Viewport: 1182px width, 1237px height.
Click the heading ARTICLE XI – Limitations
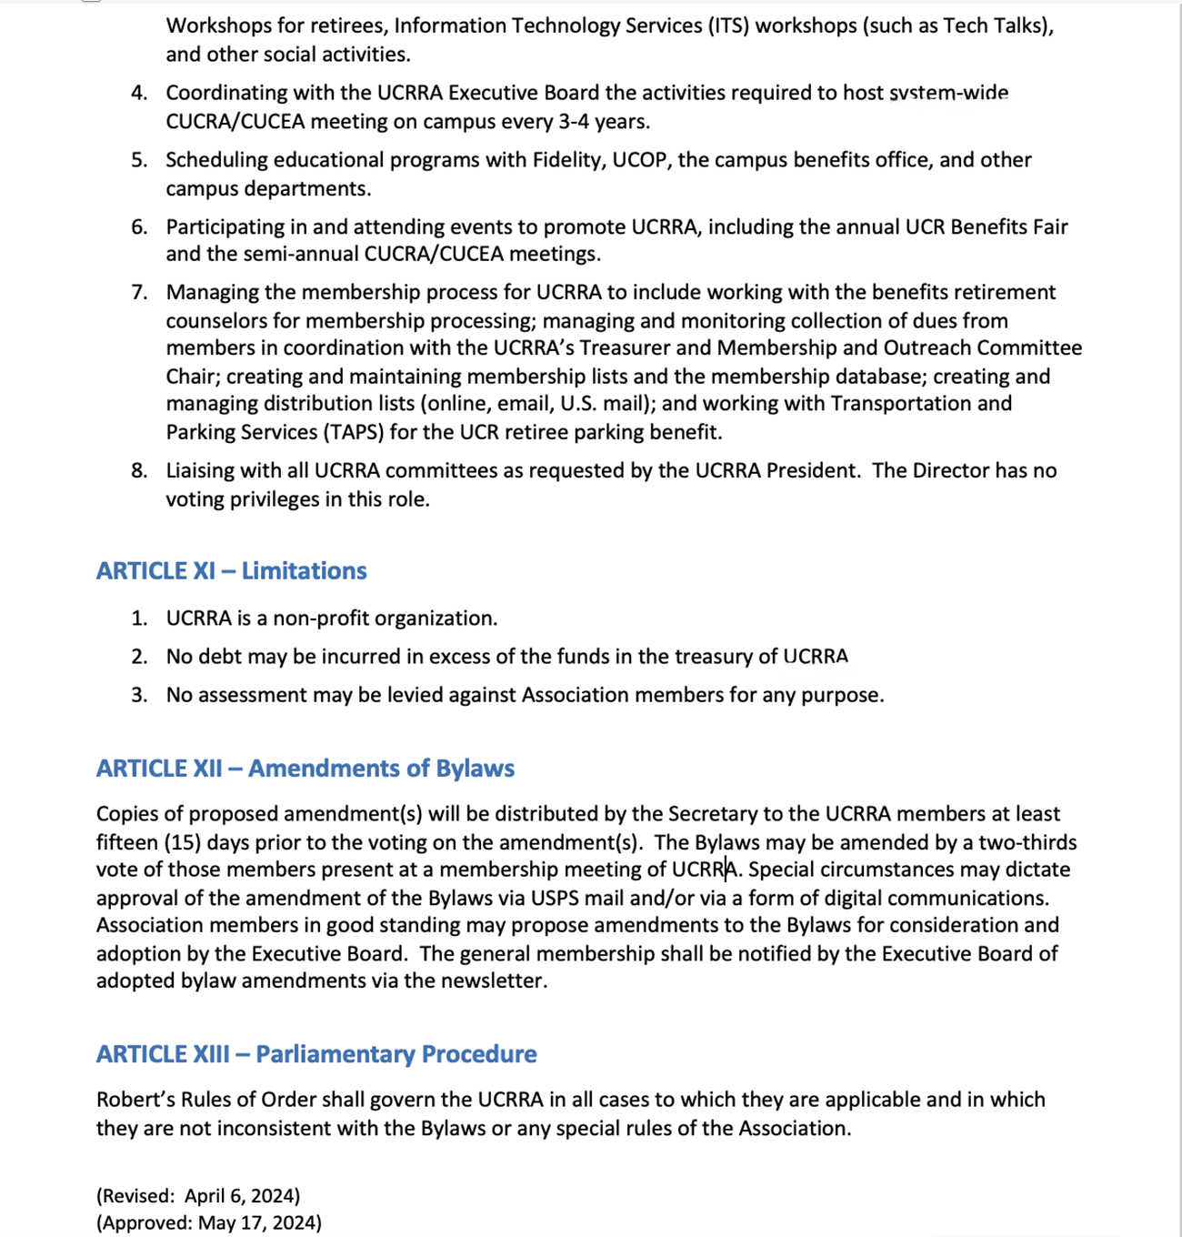click(231, 571)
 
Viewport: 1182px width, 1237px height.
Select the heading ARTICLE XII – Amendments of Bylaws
click(305, 769)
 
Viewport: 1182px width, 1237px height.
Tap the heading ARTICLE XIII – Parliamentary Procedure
click(316, 1054)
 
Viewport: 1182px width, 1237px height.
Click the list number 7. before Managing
click(139, 292)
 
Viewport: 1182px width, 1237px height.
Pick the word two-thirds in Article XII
click(1027, 842)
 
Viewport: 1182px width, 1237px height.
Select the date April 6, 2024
click(242, 1195)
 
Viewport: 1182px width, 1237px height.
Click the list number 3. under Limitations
click(139, 695)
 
